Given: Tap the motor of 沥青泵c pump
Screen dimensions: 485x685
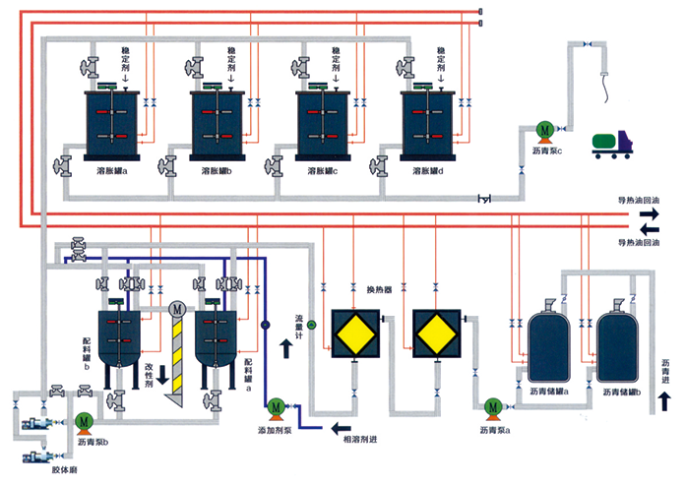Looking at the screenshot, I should [543, 130].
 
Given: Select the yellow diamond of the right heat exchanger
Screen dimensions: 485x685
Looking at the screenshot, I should [434, 333].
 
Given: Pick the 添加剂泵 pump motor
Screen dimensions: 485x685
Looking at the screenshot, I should [277, 404].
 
